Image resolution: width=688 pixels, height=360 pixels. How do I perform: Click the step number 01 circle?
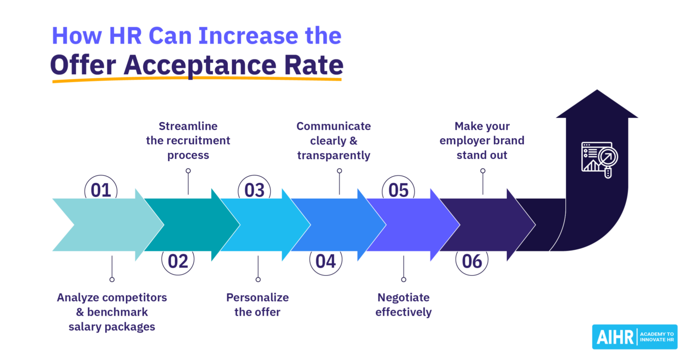[x=101, y=190]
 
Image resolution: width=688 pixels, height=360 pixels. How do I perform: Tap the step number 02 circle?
[x=178, y=261]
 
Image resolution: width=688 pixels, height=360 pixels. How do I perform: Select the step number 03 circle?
[x=254, y=190]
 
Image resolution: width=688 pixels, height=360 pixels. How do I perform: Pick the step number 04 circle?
[x=325, y=261]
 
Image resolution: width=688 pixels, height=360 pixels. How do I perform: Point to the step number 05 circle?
[x=398, y=190]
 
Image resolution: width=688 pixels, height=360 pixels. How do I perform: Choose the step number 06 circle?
[x=472, y=261]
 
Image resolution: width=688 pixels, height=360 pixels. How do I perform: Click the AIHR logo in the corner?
[x=635, y=336]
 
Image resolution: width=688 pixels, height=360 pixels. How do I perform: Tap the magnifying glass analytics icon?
[x=599, y=160]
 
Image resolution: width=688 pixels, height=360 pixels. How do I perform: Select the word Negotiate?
[x=403, y=297]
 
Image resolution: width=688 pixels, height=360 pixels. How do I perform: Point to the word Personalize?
[x=258, y=297]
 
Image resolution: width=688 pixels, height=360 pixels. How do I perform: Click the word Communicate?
[x=334, y=126]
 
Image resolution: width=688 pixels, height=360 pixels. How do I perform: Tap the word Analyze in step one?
[x=78, y=297]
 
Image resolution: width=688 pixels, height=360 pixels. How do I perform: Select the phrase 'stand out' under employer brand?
[x=482, y=155]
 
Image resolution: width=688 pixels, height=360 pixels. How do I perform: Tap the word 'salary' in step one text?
[x=85, y=326]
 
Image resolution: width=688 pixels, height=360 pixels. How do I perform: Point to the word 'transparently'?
[x=334, y=155]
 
